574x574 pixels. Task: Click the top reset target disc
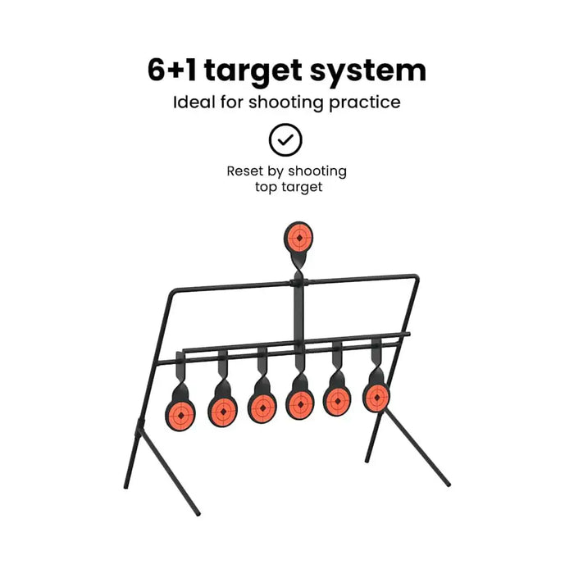(299, 237)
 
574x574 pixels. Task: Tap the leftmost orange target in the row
(180, 411)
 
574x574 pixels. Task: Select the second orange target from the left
(222, 408)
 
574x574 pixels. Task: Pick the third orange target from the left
(262, 406)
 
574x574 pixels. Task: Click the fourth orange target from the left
(300, 403)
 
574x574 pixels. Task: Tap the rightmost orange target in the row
(376, 397)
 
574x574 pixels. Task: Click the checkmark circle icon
(286, 140)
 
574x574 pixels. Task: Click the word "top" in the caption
(264, 187)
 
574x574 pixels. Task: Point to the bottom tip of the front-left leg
(198, 515)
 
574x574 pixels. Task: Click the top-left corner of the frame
(171, 291)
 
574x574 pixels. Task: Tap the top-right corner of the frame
(418, 277)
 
